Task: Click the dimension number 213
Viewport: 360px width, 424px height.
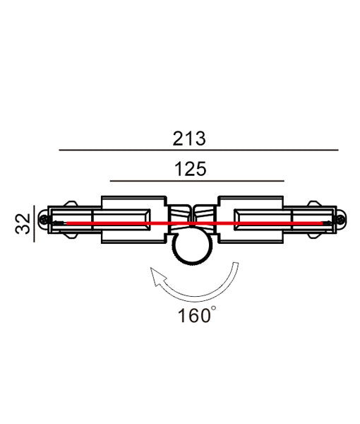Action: pos(188,139)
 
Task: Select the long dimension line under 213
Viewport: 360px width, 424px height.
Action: pos(198,151)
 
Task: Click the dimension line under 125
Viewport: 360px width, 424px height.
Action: pos(196,182)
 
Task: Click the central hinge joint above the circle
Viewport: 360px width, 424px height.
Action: pos(192,216)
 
